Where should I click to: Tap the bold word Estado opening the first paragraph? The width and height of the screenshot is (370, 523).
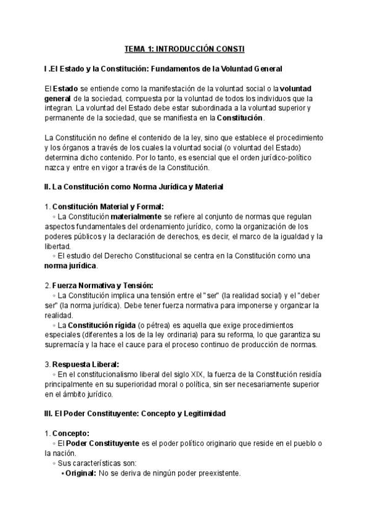(x=65, y=88)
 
